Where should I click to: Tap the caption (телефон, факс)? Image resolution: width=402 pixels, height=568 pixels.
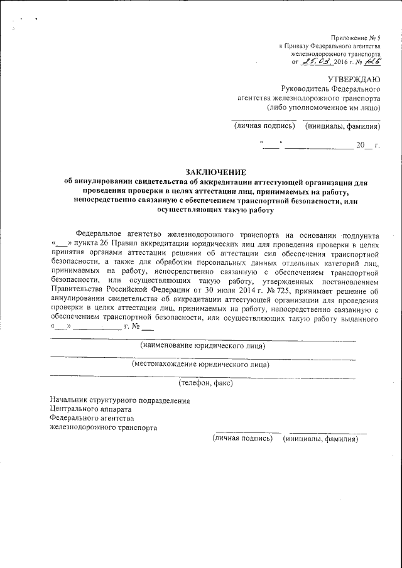205,382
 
